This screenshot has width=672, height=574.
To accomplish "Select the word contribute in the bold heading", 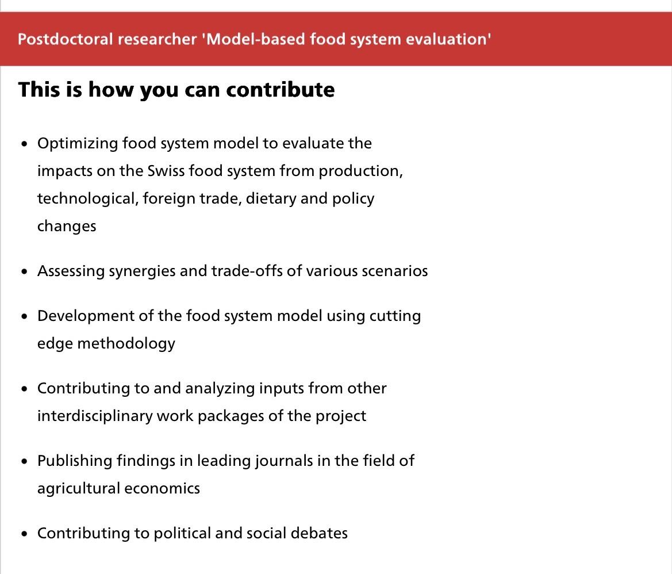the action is [x=281, y=90].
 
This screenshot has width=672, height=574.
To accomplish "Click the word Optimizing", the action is [x=78, y=144].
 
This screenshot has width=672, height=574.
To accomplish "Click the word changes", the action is [x=67, y=227].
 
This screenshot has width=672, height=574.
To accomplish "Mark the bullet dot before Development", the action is [x=24, y=316].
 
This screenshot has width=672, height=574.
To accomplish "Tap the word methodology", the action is [x=126, y=344].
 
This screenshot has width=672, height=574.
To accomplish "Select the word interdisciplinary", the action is [x=95, y=416].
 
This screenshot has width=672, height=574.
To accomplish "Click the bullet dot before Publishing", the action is [x=24, y=461].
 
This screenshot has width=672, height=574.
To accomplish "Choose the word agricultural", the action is [x=79, y=489].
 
